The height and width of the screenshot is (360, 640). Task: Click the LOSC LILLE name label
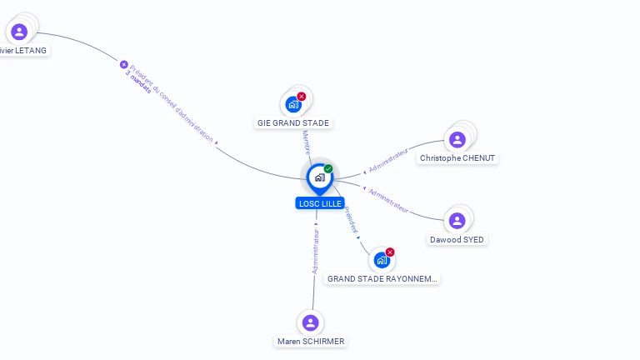point(320,203)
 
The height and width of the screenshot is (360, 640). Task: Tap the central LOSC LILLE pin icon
point(319,177)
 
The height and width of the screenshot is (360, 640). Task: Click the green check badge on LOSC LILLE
point(328,168)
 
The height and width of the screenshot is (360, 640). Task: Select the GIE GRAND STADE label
point(292,123)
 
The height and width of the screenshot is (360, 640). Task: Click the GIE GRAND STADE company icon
point(292,104)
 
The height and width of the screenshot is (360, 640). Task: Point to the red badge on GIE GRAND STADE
point(302,97)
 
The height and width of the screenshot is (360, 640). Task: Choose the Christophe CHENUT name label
point(457,158)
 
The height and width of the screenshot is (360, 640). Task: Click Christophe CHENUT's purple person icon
point(457,139)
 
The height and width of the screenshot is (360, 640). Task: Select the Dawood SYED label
point(457,240)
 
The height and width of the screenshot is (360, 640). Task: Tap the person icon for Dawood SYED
point(457,221)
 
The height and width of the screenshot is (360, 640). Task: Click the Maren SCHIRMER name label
point(311,342)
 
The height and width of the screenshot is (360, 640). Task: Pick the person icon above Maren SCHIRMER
point(311,322)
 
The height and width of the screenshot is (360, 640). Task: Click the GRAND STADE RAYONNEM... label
point(382,279)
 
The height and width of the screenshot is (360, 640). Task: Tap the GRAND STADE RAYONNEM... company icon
point(382,260)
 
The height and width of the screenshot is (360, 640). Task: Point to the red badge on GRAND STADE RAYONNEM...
point(390,252)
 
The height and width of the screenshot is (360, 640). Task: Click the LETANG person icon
point(19,32)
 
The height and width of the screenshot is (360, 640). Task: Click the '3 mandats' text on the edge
point(138,82)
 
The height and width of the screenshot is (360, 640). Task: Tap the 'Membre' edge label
point(306,141)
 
